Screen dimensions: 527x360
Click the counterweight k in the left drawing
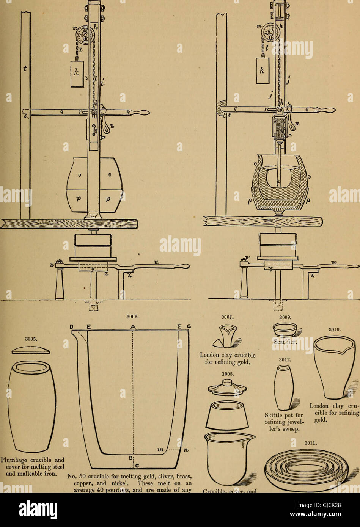77,74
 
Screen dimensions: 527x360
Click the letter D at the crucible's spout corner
72,326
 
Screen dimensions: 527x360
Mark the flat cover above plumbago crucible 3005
31,350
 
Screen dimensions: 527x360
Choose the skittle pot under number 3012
284,387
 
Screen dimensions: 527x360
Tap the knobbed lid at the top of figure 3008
227,387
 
